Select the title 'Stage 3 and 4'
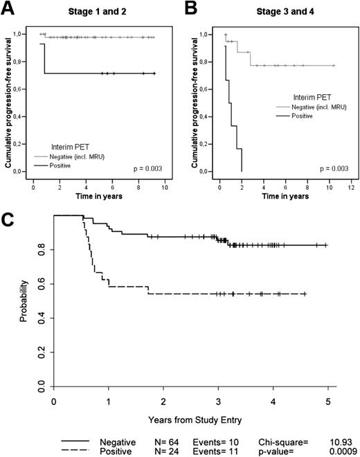[279, 10]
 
